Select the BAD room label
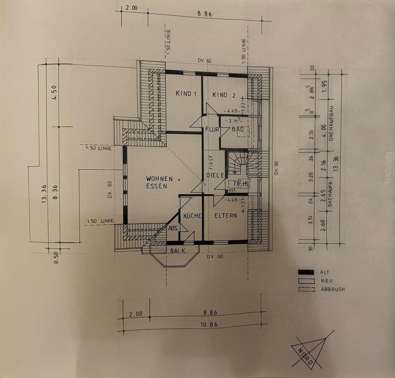[x=238, y=129]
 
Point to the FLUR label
[x=212, y=129]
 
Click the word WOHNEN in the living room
[x=159, y=179]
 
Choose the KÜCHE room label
[x=192, y=216]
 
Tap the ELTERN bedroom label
[x=225, y=216]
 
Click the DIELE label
[x=215, y=175]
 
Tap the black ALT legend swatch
[x=307, y=272]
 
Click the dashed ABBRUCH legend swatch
[x=307, y=289]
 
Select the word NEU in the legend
[x=327, y=281]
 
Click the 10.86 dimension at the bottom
[x=209, y=325]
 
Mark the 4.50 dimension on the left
[x=54, y=93]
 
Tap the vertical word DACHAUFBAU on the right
[x=332, y=123]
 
